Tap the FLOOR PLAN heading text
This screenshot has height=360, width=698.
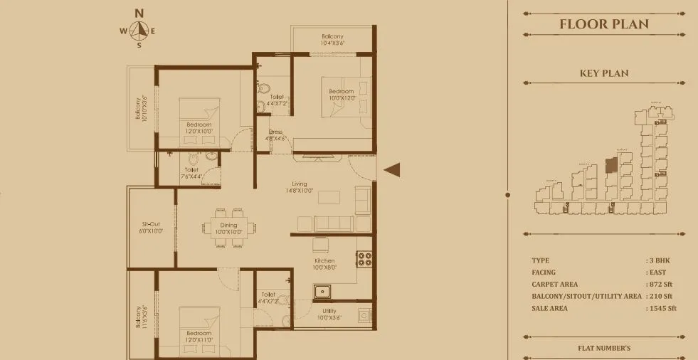click(x=604, y=24)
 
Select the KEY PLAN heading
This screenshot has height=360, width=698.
click(x=604, y=73)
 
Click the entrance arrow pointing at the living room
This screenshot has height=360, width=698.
click(x=392, y=169)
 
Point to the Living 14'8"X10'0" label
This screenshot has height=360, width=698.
click(x=304, y=187)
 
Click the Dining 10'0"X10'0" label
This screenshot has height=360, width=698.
click(x=228, y=228)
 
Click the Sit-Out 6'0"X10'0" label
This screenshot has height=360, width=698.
click(x=150, y=227)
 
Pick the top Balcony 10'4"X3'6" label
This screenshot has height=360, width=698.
click(x=332, y=40)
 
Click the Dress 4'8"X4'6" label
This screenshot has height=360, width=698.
click(x=275, y=135)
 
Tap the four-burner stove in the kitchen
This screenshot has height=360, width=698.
click(x=364, y=259)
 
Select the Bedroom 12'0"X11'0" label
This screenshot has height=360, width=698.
click(x=199, y=337)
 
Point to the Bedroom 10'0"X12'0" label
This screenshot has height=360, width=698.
click(x=342, y=95)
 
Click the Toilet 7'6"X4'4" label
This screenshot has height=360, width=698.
click(x=191, y=173)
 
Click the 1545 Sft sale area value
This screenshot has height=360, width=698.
click(x=662, y=309)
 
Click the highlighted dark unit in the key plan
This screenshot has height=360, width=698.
click(x=610, y=165)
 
